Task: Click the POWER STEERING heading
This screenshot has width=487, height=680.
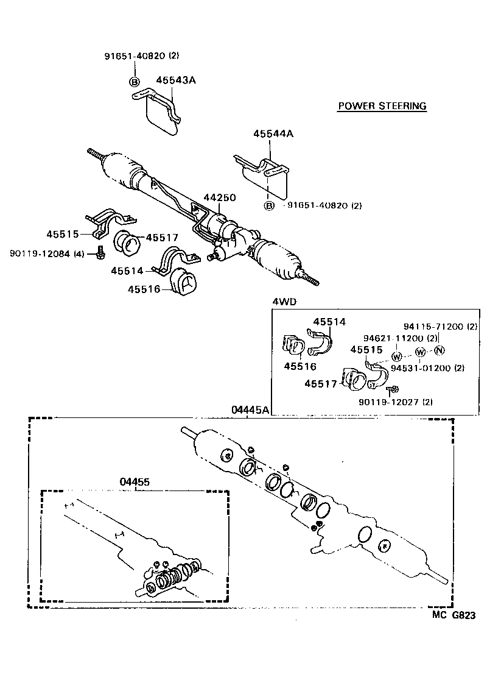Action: coord(382,106)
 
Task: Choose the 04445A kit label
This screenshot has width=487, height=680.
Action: coord(250,410)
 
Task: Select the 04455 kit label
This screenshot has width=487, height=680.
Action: coord(134,481)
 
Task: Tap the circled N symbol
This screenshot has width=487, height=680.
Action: coord(441,350)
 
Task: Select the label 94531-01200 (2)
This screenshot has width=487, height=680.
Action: coord(427,368)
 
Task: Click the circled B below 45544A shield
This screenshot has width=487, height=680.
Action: coord(268,206)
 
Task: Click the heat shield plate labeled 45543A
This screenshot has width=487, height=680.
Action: coord(163,117)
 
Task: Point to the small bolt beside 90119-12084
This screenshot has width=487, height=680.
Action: coord(99,252)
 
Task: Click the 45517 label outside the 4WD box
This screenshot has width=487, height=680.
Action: coord(161,238)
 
